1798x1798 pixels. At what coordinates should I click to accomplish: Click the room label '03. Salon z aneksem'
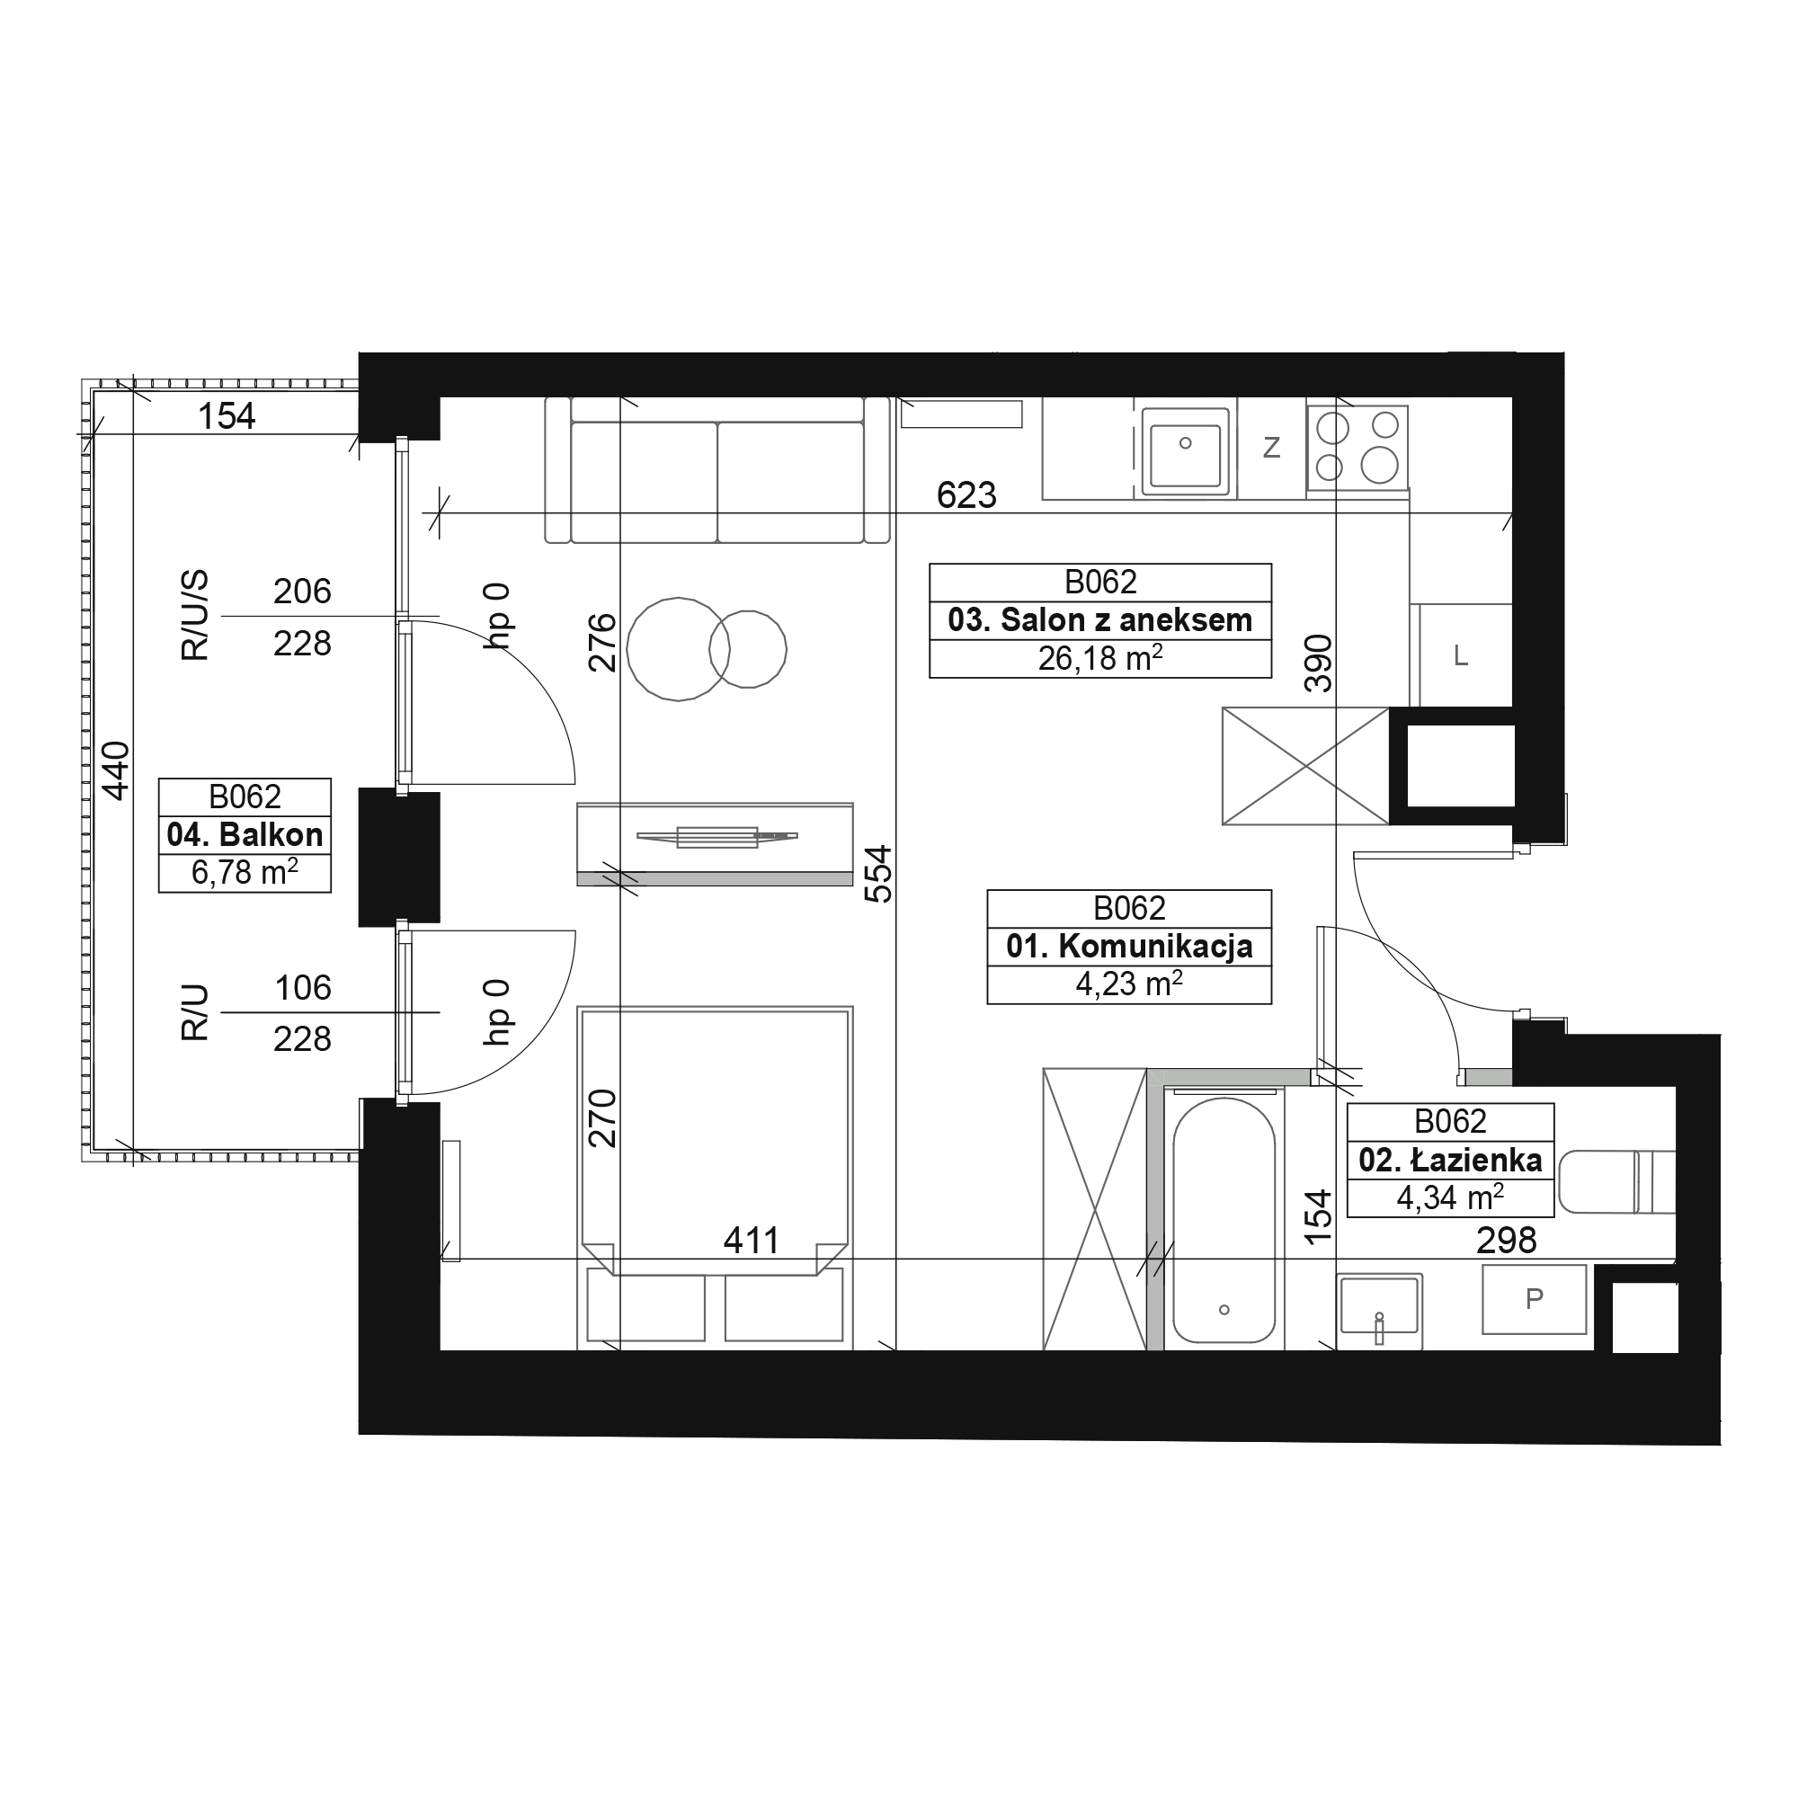tap(1100, 619)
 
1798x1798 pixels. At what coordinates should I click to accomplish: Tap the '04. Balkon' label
tap(245, 835)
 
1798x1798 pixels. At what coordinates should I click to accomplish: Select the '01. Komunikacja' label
tap(1129, 947)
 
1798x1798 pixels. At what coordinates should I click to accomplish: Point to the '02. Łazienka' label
tap(1450, 1160)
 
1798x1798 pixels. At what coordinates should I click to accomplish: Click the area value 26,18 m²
tap(1100, 658)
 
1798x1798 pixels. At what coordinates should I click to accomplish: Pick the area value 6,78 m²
tap(245, 872)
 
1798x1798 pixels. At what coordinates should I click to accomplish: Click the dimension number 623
tap(966, 495)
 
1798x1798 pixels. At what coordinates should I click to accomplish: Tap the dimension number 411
tap(751, 1241)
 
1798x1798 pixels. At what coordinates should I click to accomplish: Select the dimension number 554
tap(878, 874)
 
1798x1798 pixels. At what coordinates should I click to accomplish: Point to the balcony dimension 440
tap(116, 770)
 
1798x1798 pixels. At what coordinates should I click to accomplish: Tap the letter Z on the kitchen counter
tap(1271, 449)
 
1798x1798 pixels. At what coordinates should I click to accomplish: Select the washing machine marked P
tap(1534, 1298)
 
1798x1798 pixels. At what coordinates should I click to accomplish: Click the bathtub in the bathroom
tap(1224, 1220)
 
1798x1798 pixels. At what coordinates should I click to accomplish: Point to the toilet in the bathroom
tap(1617, 1182)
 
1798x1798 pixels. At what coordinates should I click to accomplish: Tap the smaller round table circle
tap(748, 650)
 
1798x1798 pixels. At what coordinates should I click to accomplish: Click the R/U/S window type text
tap(194, 616)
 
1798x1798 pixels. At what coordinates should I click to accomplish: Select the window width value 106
tap(302, 987)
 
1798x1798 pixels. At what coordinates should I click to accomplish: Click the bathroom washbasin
tap(1379, 1312)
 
